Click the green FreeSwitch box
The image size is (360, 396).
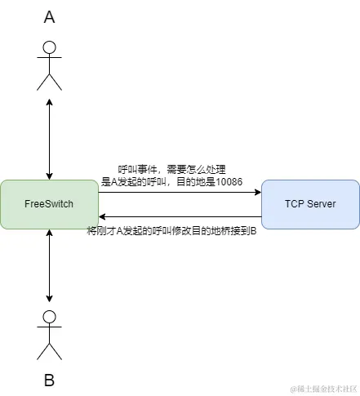(49, 204)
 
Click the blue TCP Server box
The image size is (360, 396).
(310, 204)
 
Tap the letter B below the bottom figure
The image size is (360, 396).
(49, 380)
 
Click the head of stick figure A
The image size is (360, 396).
(50, 47)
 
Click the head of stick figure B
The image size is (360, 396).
(50, 317)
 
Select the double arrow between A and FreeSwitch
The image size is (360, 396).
(50, 139)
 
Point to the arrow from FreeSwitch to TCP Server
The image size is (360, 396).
(180, 193)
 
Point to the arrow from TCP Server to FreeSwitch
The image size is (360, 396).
(180, 216)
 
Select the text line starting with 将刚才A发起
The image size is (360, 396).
(171, 231)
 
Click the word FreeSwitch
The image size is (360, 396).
(49, 204)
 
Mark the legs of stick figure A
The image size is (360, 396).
(50, 82)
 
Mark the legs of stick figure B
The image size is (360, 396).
(50, 351)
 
